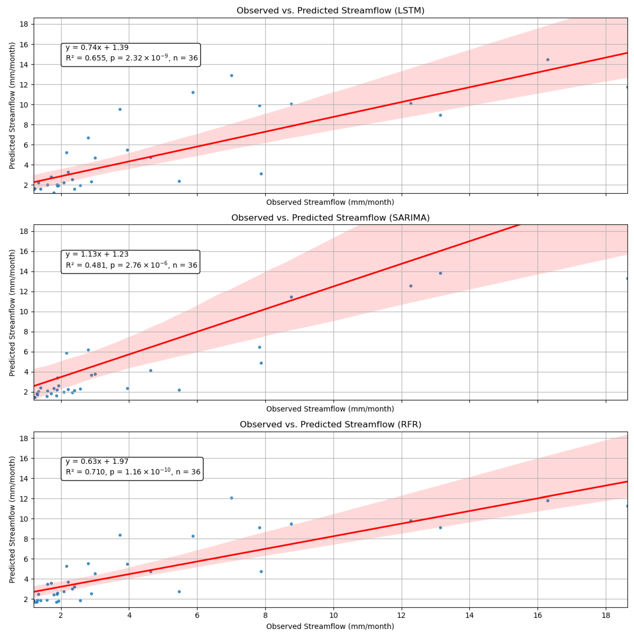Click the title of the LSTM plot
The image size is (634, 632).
tap(330, 10)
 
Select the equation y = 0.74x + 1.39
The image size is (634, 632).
tap(97, 48)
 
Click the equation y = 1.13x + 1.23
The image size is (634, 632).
tap(97, 254)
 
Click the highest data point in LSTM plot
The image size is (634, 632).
tap(547, 60)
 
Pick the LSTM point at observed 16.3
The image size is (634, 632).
tap(547, 60)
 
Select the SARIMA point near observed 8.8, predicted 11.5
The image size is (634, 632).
tap(291, 297)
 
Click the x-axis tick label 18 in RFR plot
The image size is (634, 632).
tap(606, 615)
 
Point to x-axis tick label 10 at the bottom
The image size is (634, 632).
tap(333, 615)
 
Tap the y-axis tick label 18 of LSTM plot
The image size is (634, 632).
tap(24, 24)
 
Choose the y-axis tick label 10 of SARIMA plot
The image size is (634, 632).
tap(24, 312)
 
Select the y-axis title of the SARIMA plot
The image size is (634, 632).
tap(12, 313)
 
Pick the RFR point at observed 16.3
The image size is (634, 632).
tap(547, 501)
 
